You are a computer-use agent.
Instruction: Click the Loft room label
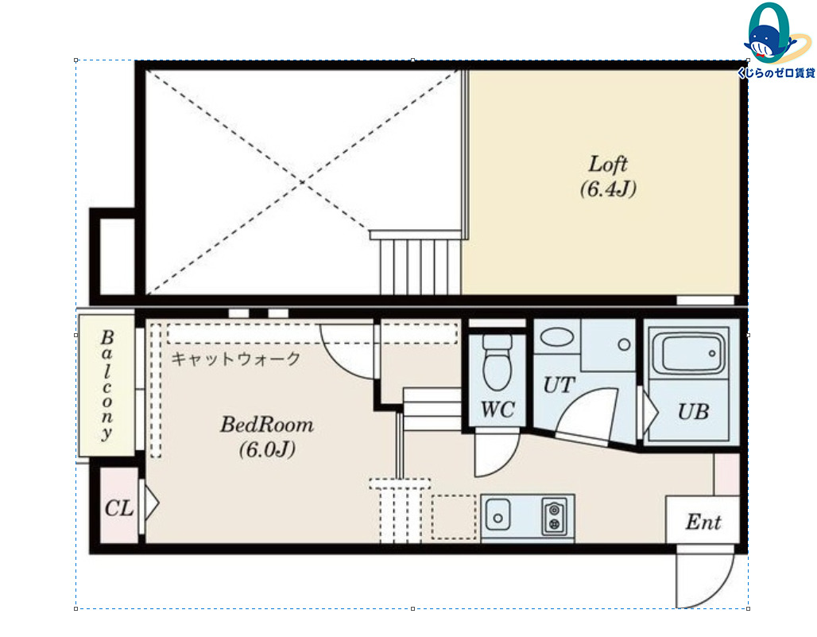tap(607, 164)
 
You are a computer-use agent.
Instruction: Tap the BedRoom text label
tap(267, 425)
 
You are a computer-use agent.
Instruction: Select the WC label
tap(498, 410)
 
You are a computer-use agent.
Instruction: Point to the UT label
tap(559, 385)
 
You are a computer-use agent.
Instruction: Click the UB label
tap(694, 412)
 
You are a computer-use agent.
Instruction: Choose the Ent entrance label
tap(703, 522)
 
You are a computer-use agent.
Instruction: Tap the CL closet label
tap(118, 508)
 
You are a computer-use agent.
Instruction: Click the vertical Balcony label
tap(106, 385)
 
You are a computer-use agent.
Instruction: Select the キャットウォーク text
tap(236, 359)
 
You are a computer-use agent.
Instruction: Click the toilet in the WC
tap(497, 363)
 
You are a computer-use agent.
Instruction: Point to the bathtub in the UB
tap(689, 353)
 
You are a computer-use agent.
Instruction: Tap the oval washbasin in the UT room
tap(557, 336)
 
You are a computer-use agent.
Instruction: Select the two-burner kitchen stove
tap(555, 517)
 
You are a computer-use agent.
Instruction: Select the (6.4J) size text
tap(608, 188)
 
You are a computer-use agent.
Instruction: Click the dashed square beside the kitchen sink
tap(454, 517)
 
